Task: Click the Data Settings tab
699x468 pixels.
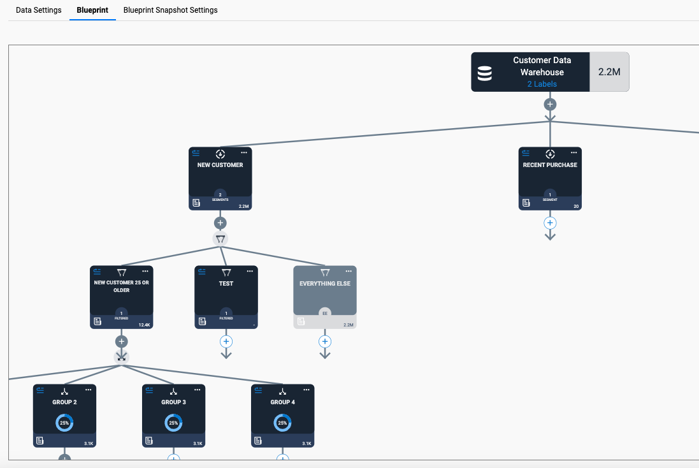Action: (x=39, y=10)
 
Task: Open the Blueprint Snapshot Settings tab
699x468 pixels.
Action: (x=170, y=10)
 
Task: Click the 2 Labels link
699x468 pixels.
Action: (x=542, y=84)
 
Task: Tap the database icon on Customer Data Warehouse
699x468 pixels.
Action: (x=484, y=73)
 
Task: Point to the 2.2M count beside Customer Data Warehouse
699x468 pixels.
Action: (x=609, y=72)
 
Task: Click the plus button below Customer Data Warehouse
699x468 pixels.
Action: (x=550, y=105)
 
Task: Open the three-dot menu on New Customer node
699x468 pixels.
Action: (x=244, y=152)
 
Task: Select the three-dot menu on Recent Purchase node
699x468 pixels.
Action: (x=573, y=152)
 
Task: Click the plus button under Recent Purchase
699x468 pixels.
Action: (x=550, y=223)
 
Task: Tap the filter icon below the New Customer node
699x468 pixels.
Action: (x=220, y=239)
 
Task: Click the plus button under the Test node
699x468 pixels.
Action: (x=226, y=342)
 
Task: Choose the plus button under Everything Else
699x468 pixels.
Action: (x=325, y=342)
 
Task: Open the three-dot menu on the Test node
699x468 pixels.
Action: (x=250, y=271)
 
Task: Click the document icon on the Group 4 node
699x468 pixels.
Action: (x=257, y=441)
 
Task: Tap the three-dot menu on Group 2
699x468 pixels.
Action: (x=89, y=390)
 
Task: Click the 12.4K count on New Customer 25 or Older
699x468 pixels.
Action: (x=145, y=325)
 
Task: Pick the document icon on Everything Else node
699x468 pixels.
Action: (x=301, y=321)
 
